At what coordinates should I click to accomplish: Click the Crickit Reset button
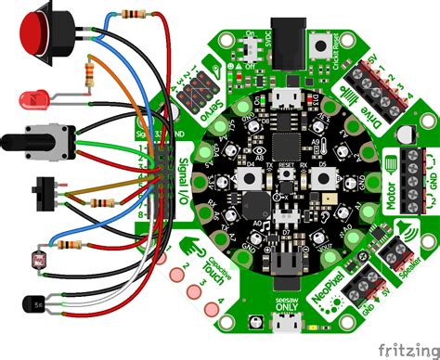tap(321, 45)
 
